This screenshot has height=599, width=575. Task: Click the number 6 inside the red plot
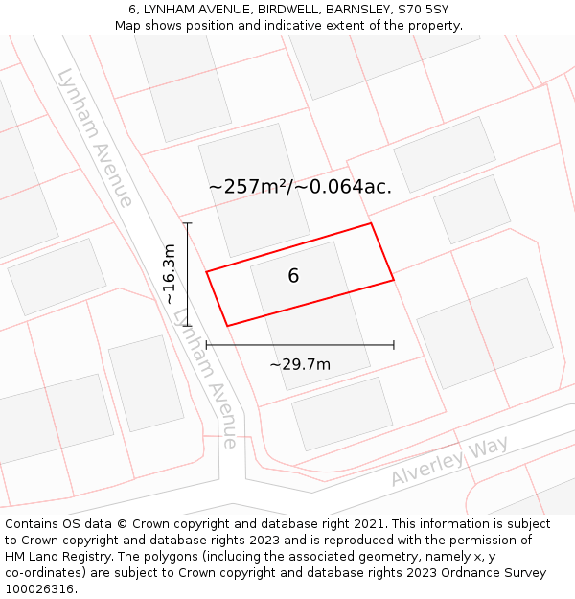[x=293, y=276]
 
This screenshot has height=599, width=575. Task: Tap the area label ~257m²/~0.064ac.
[x=300, y=187]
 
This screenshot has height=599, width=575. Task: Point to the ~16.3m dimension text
[x=170, y=274]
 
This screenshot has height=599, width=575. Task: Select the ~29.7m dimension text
[x=300, y=364]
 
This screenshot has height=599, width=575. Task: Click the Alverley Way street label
[x=449, y=461]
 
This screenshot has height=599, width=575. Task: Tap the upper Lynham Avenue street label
[x=94, y=137]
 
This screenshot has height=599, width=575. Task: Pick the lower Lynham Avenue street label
[x=205, y=380]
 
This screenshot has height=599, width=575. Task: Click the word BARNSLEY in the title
[x=356, y=10]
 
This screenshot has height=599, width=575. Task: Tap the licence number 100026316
[x=41, y=588]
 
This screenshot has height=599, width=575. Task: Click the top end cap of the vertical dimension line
[x=187, y=223]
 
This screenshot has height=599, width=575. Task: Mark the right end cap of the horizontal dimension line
[x=394, y=345]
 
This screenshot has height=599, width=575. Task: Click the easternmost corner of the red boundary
[x=394, y=280]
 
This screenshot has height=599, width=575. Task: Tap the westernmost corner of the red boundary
[x=206, y=272]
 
